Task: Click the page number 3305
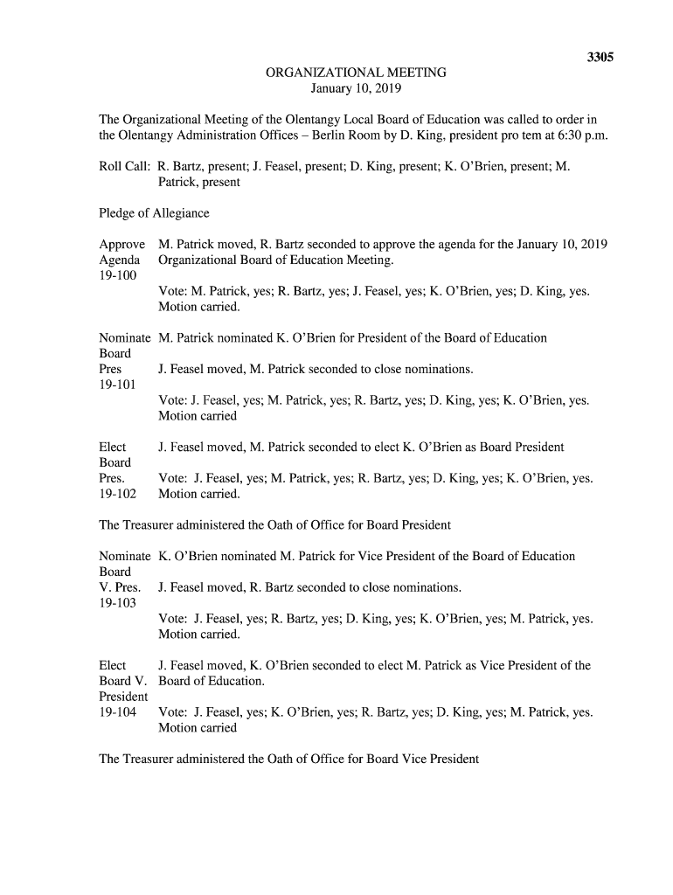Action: point(600,57)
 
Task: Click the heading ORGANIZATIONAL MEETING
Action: point(356,73)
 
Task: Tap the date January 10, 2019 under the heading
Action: point(356,88)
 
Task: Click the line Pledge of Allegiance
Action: point(154,213)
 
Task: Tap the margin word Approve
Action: point(121,245)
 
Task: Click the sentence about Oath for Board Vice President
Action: point(289,759)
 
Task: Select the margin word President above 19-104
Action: point(123,697)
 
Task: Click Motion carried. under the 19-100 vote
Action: point(198,307)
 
